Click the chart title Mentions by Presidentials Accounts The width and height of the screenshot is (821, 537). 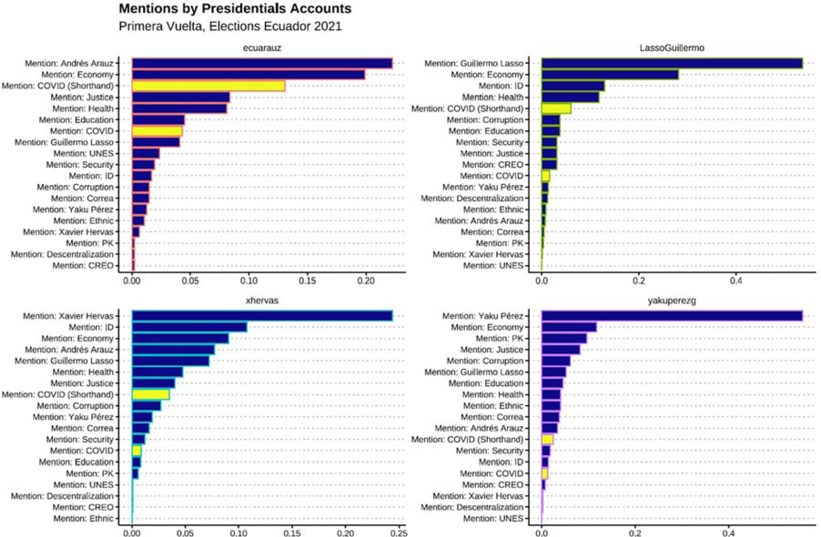pos(235,9)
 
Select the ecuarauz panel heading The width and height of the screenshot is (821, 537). pos(262,48)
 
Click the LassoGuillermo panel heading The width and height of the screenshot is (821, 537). pos(672,48)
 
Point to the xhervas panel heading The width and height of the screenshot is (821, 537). pos(262,300)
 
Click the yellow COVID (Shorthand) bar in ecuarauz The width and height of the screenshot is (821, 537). pos(209,86)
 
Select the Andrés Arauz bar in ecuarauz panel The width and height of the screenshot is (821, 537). pos(262,64)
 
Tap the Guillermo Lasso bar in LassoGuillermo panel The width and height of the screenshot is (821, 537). pos(672,64)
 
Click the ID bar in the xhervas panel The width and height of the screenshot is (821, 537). pos(189,327)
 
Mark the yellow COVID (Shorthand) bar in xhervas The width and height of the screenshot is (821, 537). pos(151,394)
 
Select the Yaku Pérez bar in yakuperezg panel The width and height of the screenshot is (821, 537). pos(672,316)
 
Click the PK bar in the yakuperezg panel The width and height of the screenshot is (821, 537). pos(564,338)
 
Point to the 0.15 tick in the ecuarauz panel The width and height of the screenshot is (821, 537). pos(307,281)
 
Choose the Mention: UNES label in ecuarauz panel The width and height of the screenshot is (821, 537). pos(83,153)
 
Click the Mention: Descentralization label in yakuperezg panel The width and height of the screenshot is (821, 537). pos(472,507)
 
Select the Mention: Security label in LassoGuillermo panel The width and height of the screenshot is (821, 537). pos(490,142)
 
